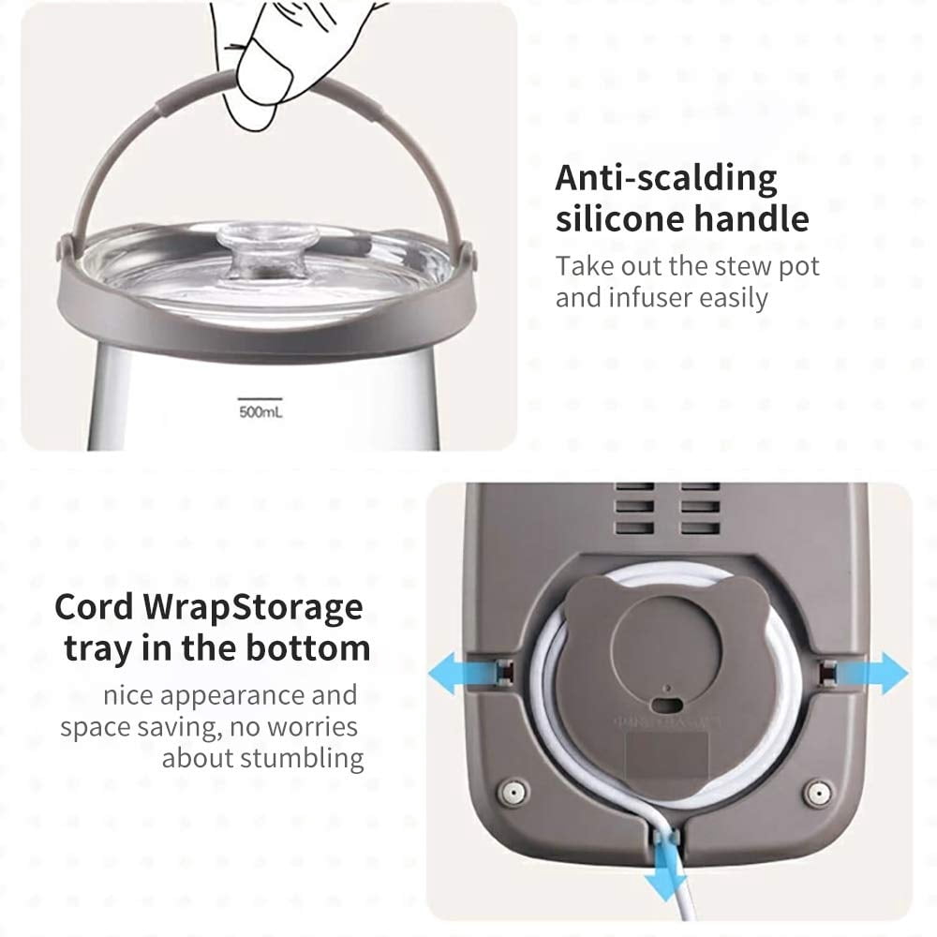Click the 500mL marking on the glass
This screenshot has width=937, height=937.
point(260,411)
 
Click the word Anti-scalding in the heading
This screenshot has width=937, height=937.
point(665,178)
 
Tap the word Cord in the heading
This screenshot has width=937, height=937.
point(94,607)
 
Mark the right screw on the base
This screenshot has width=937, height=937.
point(817,794)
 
